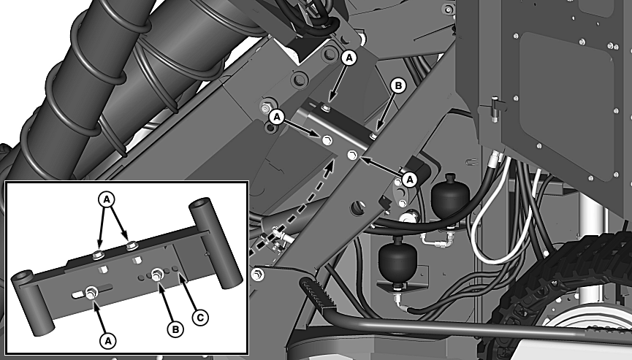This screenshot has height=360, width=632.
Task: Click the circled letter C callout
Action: click(200, 318)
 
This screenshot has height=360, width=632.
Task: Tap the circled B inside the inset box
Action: click(175, 330)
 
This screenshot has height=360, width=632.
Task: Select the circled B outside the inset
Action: click(397, 85)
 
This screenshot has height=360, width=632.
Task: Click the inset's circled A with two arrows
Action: click(107, 199)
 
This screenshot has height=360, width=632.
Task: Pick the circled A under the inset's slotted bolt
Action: click(107, 341)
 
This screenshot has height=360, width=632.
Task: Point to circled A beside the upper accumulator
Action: click(410, 179)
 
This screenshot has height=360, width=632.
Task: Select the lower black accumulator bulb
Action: click(397, 260)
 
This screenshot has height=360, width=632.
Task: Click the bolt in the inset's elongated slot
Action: click(91, 292)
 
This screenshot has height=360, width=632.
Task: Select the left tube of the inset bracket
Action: click(30, 301)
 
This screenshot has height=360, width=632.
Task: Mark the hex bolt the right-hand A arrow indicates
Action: click(353, 155)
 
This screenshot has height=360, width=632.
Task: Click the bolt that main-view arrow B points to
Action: click(373, 137)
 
